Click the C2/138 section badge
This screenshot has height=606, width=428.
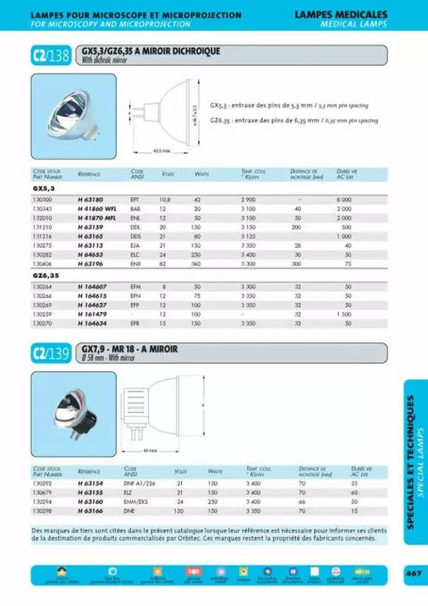tap(51, 56)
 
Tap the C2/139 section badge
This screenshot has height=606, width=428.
tap(51, 353)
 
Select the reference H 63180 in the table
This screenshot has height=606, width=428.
tap(90, 200)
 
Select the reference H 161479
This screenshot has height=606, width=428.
tap(92, 314)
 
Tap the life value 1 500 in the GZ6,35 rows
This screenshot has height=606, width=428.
tap(343, 314)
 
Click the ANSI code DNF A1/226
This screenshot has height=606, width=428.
tap(139, 483)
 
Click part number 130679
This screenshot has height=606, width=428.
tap(42, 492)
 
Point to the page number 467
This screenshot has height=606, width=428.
tap(413, 573)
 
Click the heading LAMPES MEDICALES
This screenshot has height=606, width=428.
tap(341, 14)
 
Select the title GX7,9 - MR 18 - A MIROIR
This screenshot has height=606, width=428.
tap(130, 349)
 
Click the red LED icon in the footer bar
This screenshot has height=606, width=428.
tap(193, 570)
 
